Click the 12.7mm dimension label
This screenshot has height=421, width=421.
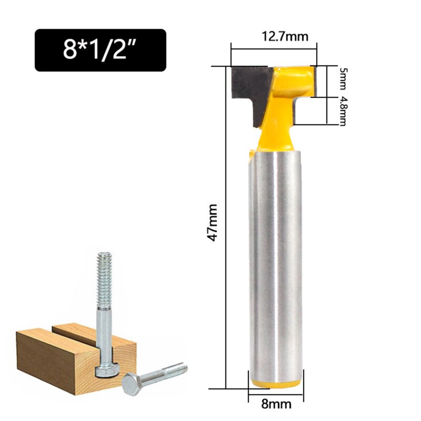(x=285, y=37)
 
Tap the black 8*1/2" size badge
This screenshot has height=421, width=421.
(x=100, y=50)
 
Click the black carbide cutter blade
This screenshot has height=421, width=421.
(x=248, y=87)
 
